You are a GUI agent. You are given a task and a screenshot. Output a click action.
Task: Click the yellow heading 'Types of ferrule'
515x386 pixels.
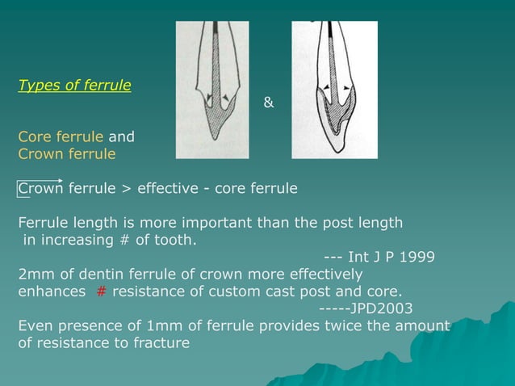[x=74, y=86]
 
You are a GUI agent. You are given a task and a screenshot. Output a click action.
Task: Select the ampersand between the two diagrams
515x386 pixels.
[x=269, y=103]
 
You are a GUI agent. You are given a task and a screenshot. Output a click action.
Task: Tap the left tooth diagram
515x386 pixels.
[x=212, y=90]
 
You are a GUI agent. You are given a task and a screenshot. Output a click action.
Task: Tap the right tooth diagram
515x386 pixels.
[x=334, y=90]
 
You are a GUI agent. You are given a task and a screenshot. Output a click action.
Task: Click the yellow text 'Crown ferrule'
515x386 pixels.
[x=67, y=153]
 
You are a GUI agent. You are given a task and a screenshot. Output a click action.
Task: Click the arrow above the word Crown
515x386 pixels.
[x=40, y=181]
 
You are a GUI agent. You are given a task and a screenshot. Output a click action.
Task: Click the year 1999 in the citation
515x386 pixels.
[x=419, y=257]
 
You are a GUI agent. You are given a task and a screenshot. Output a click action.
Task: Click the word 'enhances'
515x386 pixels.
[x=51, y=292]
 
